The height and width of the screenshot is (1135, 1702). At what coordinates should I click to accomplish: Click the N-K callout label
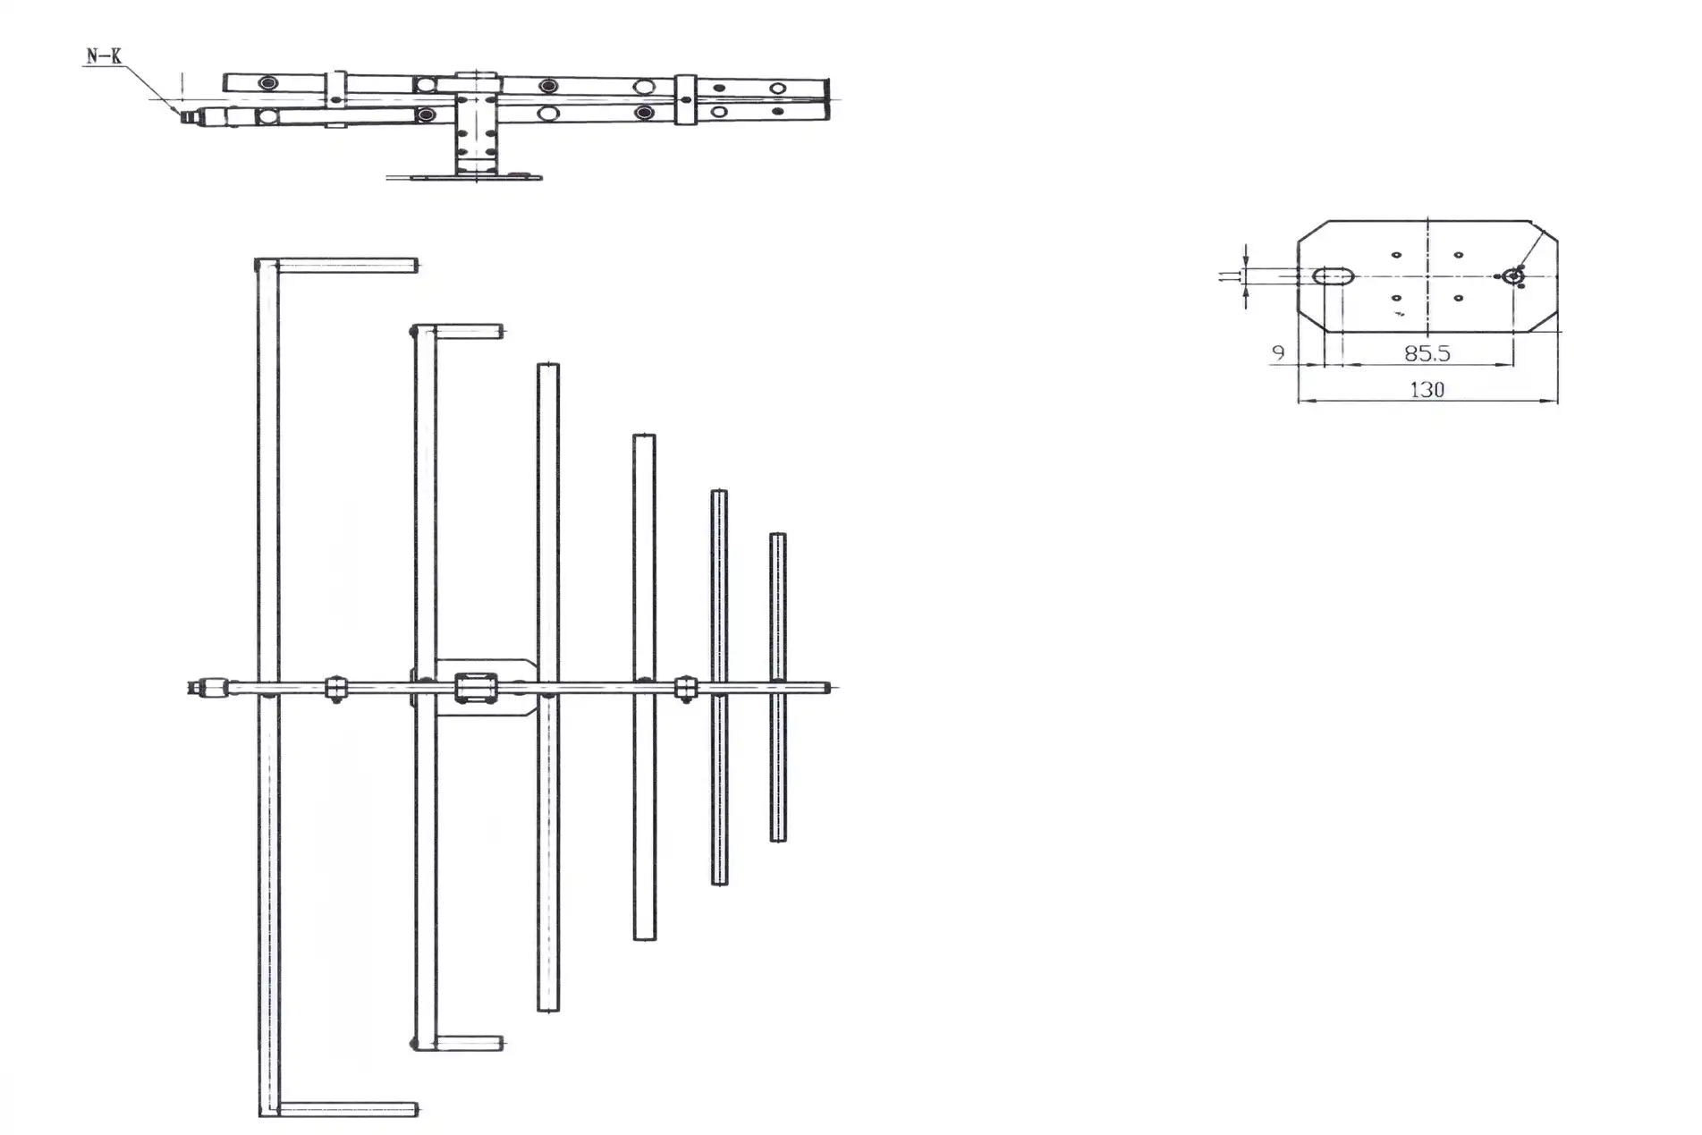tap(104, 56)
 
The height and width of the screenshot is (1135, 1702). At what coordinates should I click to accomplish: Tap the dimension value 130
tap(1427, 390)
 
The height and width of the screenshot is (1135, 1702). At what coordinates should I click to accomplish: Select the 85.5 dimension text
tap(1427, 353)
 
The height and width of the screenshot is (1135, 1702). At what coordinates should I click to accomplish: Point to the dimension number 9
tap(1278, 353)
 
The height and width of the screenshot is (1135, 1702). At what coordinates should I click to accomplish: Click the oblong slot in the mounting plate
tap(1334, 275)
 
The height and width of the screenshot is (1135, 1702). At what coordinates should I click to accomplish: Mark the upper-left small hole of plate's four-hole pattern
tap(1396, 255)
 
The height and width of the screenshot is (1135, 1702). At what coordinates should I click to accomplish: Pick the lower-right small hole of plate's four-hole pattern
tap(1458, 297)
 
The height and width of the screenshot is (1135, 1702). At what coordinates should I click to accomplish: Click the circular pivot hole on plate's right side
tap(1512, 275)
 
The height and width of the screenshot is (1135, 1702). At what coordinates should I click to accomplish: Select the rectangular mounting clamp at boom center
tap(475, 688)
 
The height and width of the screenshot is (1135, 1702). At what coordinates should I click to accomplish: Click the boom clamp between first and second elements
tap(335, 689)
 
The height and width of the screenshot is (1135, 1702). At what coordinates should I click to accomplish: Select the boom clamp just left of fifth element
tap(685, 688)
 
